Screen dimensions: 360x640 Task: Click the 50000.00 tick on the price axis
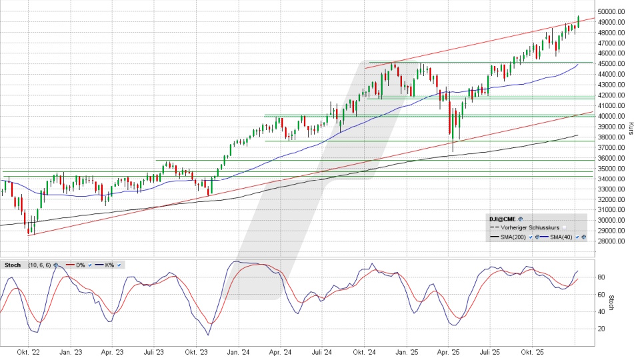[611, 11]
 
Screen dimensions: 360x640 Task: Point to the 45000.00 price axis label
[611, 63]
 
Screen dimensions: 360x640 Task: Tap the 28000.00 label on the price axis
[611, 241]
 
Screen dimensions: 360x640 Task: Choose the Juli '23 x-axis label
[154, 351]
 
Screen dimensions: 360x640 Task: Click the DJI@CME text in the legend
[502, 218]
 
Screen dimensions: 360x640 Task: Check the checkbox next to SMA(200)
[531, 237]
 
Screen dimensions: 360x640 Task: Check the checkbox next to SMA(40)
[577, 237]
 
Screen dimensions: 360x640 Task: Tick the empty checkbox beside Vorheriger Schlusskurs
[563, 227]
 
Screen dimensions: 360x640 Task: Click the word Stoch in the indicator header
[13, 265]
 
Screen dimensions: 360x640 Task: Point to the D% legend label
[80, 265]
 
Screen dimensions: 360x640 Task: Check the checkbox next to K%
[119, 265]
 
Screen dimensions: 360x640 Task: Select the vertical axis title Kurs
[631, 127]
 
